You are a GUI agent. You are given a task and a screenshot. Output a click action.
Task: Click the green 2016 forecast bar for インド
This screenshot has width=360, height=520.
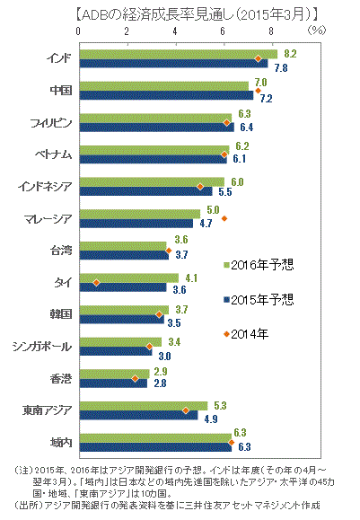[179, 54]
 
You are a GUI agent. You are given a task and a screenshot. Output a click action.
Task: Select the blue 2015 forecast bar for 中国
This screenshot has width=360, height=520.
[166, 95]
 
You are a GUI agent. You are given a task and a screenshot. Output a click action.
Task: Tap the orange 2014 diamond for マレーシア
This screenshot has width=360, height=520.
[224, 218]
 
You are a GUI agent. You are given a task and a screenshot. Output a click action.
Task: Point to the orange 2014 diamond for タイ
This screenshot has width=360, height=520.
[96, 283]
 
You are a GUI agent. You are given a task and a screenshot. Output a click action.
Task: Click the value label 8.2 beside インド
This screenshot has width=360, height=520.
[290, 54]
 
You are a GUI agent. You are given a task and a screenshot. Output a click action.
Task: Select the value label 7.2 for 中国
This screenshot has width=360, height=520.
[267, 99]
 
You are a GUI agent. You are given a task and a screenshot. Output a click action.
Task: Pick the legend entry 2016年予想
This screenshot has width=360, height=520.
[259, 265]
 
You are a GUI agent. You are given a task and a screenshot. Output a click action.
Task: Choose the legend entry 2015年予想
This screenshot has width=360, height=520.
[259, 299]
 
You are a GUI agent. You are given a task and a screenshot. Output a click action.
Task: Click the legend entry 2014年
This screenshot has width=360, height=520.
[246, 334]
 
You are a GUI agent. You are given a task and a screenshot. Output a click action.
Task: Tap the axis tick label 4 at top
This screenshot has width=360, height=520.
[175, 31]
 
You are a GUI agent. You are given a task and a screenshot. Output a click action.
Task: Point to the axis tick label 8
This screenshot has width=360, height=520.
[271, 31]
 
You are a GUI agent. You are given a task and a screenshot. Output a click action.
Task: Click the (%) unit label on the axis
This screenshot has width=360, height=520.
[317, 31]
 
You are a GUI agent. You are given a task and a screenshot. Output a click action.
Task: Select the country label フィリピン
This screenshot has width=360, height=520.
[51, 123]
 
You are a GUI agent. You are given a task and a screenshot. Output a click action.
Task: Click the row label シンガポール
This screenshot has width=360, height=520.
[42, 347]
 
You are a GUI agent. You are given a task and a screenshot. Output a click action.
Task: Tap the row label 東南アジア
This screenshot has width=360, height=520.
[47, 410]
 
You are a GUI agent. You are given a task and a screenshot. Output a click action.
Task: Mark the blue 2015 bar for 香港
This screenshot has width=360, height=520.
[113, 383]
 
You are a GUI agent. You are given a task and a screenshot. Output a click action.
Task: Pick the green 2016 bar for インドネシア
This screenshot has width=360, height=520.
[152, 182]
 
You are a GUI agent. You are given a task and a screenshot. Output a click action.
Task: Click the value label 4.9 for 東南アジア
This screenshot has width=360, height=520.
[211, 419]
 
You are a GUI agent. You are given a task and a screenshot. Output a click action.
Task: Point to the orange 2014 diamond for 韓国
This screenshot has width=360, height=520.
[159, 314]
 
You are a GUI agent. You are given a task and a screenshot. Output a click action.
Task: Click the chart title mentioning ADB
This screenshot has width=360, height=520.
[197, 14]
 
